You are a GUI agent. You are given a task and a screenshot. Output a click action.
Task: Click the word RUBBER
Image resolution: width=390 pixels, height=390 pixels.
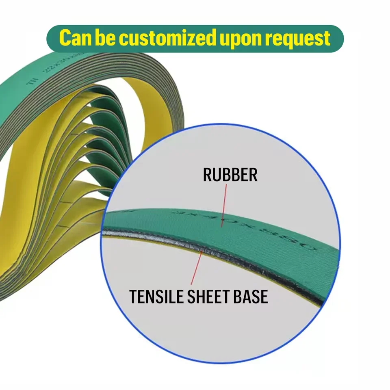click(x=230, y=175)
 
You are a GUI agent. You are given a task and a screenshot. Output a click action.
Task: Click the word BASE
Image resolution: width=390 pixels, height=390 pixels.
click(x=251, y=297)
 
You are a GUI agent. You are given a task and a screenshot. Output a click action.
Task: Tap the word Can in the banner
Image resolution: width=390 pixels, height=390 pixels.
click(x=75, y=39)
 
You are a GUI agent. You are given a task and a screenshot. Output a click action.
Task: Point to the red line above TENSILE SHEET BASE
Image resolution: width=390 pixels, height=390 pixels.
click(x=197, y=268)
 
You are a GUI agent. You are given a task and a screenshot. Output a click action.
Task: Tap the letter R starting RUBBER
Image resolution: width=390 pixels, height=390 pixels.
click(x=207, y=175)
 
